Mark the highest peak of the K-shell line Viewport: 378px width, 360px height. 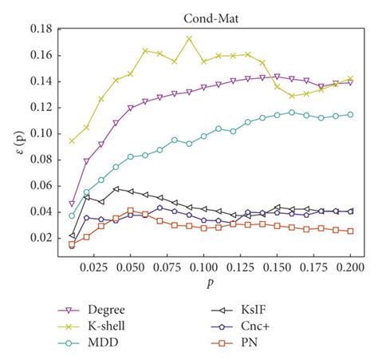189,38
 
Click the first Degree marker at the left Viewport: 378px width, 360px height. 72,204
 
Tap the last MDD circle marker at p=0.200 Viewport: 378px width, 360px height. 350,114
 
